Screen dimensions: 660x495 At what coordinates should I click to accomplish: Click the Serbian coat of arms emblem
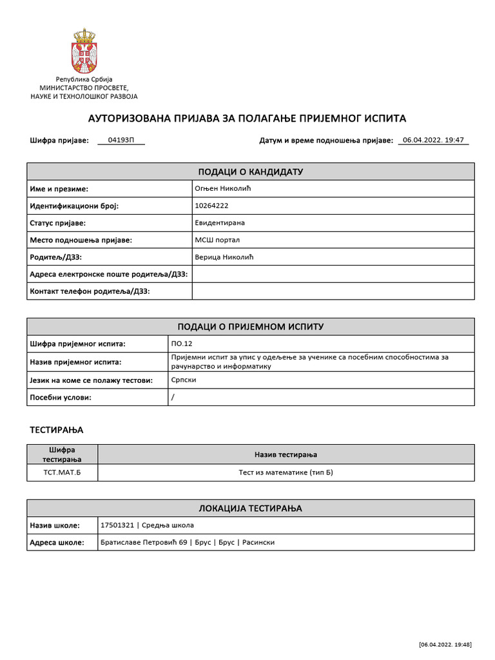pos(84,51)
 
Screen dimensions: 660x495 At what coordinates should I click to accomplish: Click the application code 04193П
pos(121,140)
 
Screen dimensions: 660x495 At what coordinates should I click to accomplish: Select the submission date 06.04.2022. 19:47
pos(433,140)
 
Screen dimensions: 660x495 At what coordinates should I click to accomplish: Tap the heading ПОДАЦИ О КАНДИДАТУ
pos(250,171)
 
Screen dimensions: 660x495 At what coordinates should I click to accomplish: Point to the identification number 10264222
pos(211,206)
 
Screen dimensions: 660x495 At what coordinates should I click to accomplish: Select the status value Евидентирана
pos(220,223)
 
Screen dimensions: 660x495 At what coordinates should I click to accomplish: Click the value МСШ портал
pos(217,240)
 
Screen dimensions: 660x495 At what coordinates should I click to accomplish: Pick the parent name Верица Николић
pos(224,257)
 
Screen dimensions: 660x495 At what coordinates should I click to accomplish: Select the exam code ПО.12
pos(180,344)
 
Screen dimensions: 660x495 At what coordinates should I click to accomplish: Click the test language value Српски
pos(184,380)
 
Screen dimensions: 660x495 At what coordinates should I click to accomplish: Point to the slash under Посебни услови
pos(173,397)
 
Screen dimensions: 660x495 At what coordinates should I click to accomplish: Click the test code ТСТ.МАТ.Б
pos(62,472)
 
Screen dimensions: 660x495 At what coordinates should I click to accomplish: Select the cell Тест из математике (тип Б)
pos(286,472)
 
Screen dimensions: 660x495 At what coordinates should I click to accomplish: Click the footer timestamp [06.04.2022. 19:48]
pos(445,645)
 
